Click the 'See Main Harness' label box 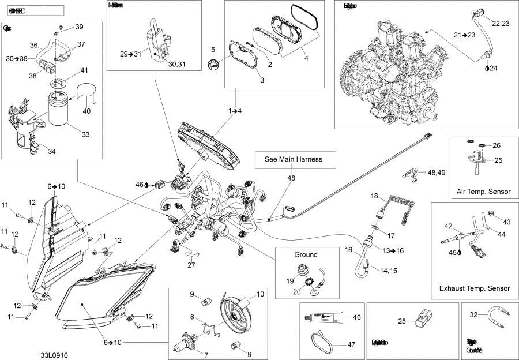[x=292, y=159]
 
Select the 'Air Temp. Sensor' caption [x=483, y=191]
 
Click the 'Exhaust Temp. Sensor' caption [x=474, y=288]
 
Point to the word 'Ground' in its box [x=306, y=254]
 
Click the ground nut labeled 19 [x=302, y=269]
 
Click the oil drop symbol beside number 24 [x=487, y=68]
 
